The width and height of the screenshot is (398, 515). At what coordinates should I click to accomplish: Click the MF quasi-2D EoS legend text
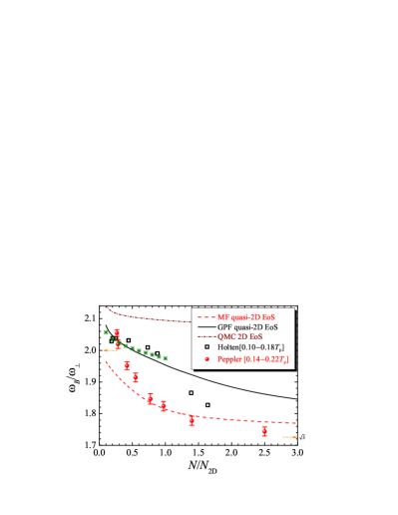tap(244, 315)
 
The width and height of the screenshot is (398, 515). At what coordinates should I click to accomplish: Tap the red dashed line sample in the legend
tap(207, 315)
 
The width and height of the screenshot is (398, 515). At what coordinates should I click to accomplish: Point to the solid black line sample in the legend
tap(207, 326)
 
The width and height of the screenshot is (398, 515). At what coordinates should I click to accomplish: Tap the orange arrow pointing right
tap(289, 437)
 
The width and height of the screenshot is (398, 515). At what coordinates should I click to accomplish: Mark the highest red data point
tap(117, 333)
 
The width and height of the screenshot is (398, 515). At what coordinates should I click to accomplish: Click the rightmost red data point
tap(264, 431)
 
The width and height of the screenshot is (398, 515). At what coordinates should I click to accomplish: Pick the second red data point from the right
tap(192, 420)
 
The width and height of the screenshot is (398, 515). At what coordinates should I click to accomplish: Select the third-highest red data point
tap(128, 365)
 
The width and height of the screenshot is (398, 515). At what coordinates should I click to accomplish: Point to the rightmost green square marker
tap(166, 357)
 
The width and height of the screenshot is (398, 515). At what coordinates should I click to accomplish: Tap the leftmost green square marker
tap(105, 331)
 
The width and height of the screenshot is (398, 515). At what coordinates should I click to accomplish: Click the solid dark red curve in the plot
tap(150, 317)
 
